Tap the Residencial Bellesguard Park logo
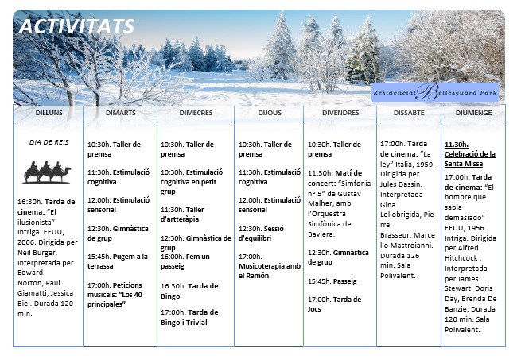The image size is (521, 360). (434, 92)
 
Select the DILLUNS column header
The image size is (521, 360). (49, 114)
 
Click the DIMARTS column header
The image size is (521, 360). (120, 114)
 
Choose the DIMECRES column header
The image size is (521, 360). (195, 114)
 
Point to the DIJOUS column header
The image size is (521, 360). (269, 114)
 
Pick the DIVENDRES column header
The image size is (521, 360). (340, 114)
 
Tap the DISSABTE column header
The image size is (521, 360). (409, 114)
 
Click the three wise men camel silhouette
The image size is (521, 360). (47, 171)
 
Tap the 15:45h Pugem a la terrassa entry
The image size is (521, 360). (118, 261)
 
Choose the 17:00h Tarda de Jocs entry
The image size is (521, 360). (334, 304)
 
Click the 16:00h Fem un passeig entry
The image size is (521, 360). (185, 261)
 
